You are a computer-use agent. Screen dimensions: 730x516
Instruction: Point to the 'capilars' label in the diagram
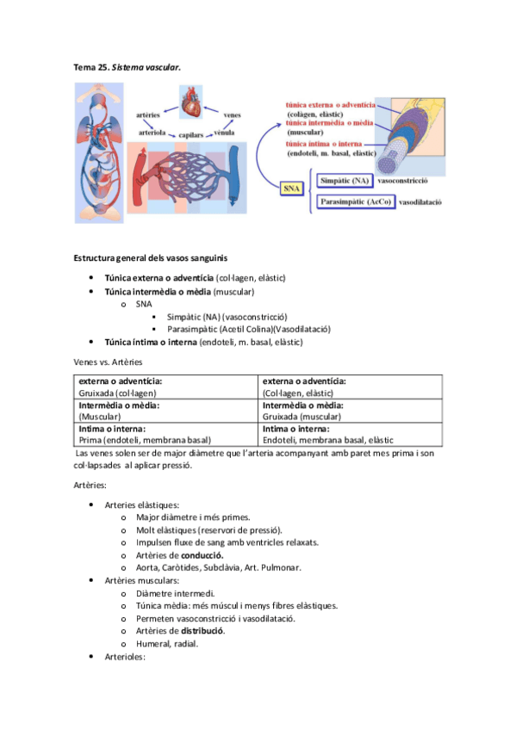pos(190,134)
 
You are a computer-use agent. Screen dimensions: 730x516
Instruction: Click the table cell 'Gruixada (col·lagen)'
pos(118,392)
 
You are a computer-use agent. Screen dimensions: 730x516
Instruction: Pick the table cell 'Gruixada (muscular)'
pos(306,416)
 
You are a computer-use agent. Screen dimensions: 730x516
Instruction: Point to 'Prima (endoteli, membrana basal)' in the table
pos(145,440)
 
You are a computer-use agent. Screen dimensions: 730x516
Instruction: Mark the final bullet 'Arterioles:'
pos(125,657)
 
